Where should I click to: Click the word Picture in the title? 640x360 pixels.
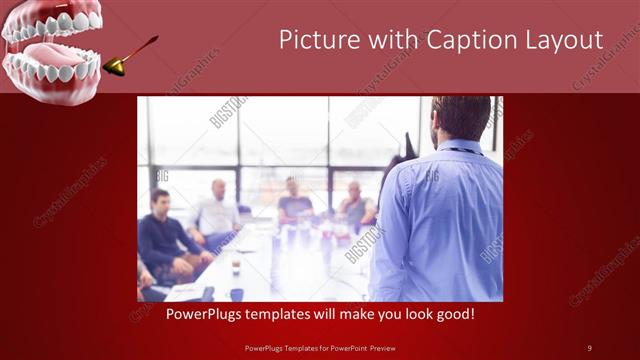314,40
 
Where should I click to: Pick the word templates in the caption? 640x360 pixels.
281,315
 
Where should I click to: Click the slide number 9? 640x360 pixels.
589,347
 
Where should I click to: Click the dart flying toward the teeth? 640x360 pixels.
130,56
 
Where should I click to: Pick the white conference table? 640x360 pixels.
280,270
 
